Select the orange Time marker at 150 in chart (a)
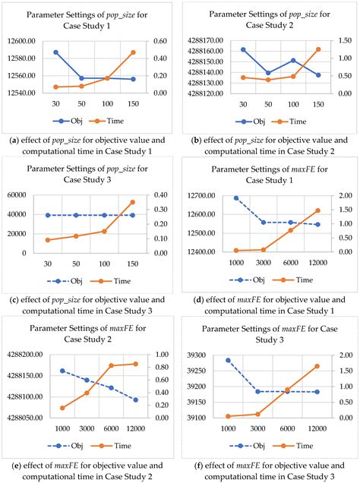tap(133, 52)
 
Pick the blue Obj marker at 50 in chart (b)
tap(268, 73)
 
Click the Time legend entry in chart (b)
tap(292, 121)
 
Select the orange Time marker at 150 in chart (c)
tap(133, 202)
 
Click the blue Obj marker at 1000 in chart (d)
tap(235, 198)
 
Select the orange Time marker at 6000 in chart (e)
tap(112, 365)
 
